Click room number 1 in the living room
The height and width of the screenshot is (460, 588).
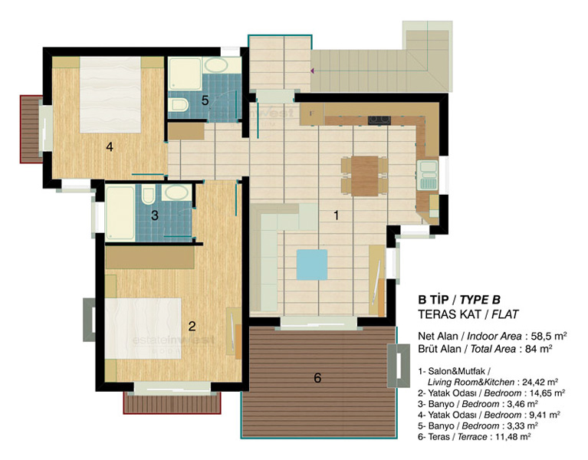[x=336, y=215]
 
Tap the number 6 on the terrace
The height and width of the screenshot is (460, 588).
[x=317, y=378]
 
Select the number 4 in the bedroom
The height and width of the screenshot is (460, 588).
[x=110, y=146]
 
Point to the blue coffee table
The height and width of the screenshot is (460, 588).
[x=312, y=264]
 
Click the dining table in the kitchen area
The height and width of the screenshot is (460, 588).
[x=364, y=176]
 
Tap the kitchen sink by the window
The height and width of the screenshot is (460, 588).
[x=429, y=175]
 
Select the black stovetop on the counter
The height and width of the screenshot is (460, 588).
[x=379, y=120]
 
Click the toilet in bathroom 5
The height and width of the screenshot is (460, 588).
[x=178, y=105]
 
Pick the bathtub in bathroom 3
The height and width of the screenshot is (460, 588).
[x=120, y=213]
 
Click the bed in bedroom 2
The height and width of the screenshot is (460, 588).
[x=143, y=328]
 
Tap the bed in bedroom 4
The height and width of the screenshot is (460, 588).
[x=110, y=94]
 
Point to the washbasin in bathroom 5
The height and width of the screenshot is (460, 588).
[x=216, y=65]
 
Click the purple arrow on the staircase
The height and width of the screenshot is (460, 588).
[x=312, y=71]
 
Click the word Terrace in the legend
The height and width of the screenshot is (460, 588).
[x=472, y=437]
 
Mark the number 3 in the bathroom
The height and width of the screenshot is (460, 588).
[x=155, y=215]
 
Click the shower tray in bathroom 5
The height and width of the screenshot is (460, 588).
[x=185, y=74]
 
